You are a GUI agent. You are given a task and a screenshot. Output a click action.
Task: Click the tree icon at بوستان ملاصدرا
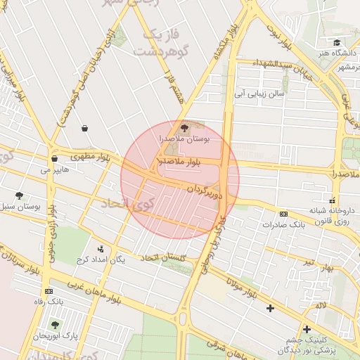[185, 128]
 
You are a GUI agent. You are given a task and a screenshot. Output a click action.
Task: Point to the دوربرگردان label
[205, 190]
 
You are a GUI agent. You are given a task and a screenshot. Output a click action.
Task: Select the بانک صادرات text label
[281, 225]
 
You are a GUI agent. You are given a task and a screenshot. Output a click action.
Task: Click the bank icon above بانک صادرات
[283, 214]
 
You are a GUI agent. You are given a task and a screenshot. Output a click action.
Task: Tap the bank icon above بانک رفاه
[49, 291]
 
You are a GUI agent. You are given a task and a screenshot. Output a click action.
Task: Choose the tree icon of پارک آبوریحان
[55, 325]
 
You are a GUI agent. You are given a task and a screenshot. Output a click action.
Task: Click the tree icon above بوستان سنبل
[19, 195]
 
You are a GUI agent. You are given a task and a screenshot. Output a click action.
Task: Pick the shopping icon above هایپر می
[54, 159]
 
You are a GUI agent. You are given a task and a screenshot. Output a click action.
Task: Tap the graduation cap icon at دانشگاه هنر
[337, 42]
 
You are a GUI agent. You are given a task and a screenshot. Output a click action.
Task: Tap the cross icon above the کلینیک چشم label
[307, 328]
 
